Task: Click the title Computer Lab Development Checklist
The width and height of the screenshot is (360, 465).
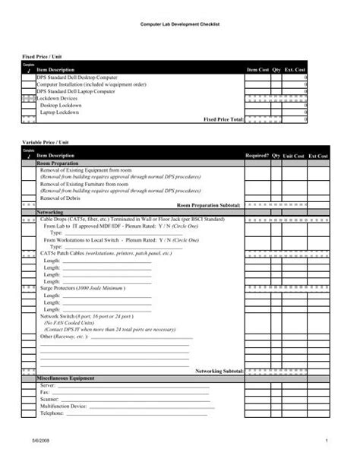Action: click(179, 26)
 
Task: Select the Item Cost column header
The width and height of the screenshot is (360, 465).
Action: click(257, 70)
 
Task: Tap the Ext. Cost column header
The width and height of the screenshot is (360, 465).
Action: click(295, 70)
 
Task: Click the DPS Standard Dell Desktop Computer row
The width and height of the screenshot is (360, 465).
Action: click(77, 77)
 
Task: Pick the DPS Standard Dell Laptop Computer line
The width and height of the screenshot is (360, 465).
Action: click(76, 91)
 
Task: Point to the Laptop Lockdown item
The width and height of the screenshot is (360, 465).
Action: click(61, 112)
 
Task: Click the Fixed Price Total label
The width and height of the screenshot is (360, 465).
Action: click(223, 119)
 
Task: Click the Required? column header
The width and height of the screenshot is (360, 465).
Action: click(257, 156)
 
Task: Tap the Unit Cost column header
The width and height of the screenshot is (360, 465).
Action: click(293, 156)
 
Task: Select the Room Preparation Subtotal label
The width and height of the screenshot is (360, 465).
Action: click(209, 205)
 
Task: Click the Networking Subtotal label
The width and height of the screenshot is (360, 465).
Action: click(219, 371)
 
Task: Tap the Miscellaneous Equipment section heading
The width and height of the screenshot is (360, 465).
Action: click(71, 378)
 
